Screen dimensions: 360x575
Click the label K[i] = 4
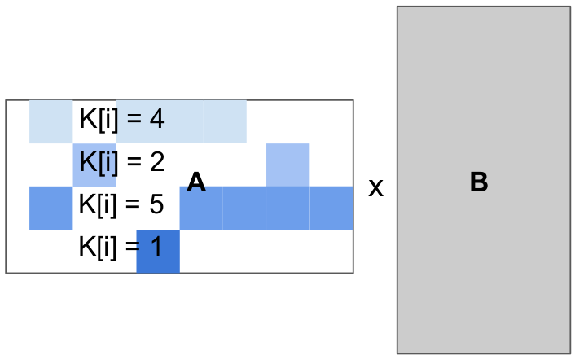tap(121, 120)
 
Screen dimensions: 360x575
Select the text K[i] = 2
tap(121, 162)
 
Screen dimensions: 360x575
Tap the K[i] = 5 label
tap(121, 204)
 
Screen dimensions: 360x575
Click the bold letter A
tap(196, 183)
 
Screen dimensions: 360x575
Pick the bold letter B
tap(479, 183)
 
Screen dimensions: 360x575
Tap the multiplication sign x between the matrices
tap(375, 188)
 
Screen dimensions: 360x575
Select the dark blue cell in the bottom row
tap(158, 251)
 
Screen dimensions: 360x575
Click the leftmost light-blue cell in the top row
tap(50, 121)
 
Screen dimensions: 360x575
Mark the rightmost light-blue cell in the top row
tap(224, 121)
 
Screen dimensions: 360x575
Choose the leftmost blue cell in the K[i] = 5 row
tap(50, 208)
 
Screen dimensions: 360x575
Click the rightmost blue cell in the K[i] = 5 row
tap(331, 208)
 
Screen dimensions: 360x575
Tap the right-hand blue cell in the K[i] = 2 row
tap(287, 165)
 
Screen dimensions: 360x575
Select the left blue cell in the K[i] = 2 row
tap(94, 165)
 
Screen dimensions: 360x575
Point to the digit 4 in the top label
tap(157, 120)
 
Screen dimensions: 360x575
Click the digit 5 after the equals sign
tap(157, 204)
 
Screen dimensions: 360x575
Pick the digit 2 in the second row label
tap(157, 162)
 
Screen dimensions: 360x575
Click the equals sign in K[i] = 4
tap(134, 121)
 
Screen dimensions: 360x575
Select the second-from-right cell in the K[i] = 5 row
tap(287, 208)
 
